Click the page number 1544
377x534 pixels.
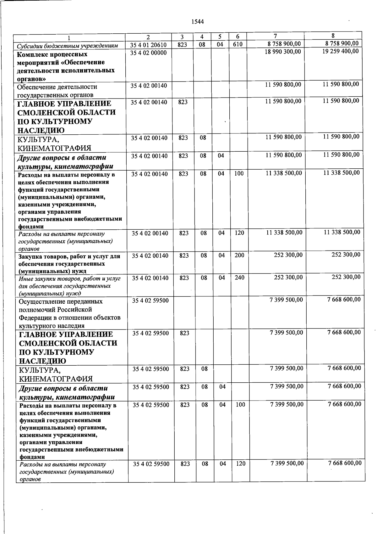(x=198, y=22)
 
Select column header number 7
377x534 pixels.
(x=275, y=36)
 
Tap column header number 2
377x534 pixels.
(x=148, y=37)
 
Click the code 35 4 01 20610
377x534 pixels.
(x=148, y=45)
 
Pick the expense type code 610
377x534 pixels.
(x=238, y=44)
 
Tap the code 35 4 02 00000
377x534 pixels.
(x=148, y=53)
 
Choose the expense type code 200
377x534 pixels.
(x=239, y=256)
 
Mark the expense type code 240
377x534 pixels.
(x=239, y=278)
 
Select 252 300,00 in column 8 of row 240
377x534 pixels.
(x=346, y=277)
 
